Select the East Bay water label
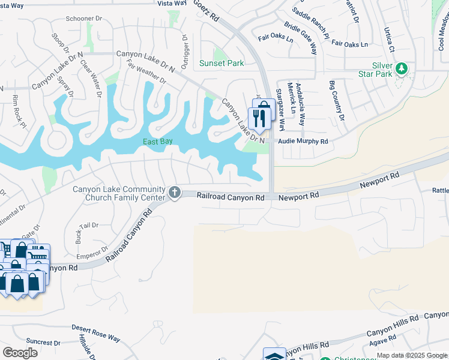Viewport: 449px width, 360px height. point(158,142)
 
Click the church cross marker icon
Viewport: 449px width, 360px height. point(175,192)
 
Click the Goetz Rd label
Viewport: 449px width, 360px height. point(205,11)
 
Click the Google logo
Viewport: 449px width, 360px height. point(20,352)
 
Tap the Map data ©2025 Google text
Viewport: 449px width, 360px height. point(412,355)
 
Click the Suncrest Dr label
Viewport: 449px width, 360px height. point(35,342)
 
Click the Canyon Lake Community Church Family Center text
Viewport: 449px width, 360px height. point(119,193)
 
